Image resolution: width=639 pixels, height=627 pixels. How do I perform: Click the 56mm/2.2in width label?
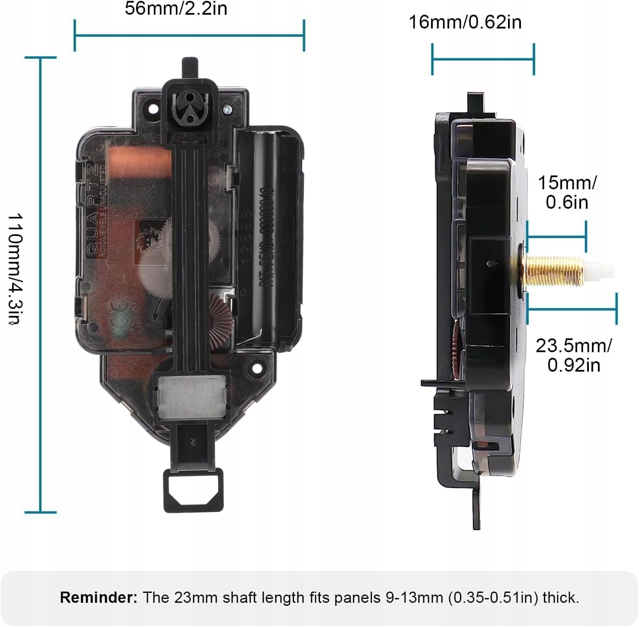tap(176, 9)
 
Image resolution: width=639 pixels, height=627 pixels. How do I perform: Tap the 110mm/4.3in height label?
tap(16, 268)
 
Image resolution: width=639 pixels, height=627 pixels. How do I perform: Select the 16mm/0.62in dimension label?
tap(465, 22)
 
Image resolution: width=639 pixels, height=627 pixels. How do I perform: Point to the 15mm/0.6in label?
tap(567, 192)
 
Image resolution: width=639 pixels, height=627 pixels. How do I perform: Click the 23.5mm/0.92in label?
tap(574, 355)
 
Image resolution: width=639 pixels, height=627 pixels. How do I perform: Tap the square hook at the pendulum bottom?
tap(194, 490)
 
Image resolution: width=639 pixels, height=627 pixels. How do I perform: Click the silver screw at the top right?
tap(227, 110)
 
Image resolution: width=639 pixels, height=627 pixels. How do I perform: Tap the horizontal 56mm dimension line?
tap(189, 35)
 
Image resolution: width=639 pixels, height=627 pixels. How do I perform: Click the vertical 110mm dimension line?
tap(41, 285)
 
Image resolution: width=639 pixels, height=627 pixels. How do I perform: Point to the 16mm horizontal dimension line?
tap(483, 59)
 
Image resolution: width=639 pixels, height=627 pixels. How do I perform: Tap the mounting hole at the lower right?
tap(257, 369)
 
